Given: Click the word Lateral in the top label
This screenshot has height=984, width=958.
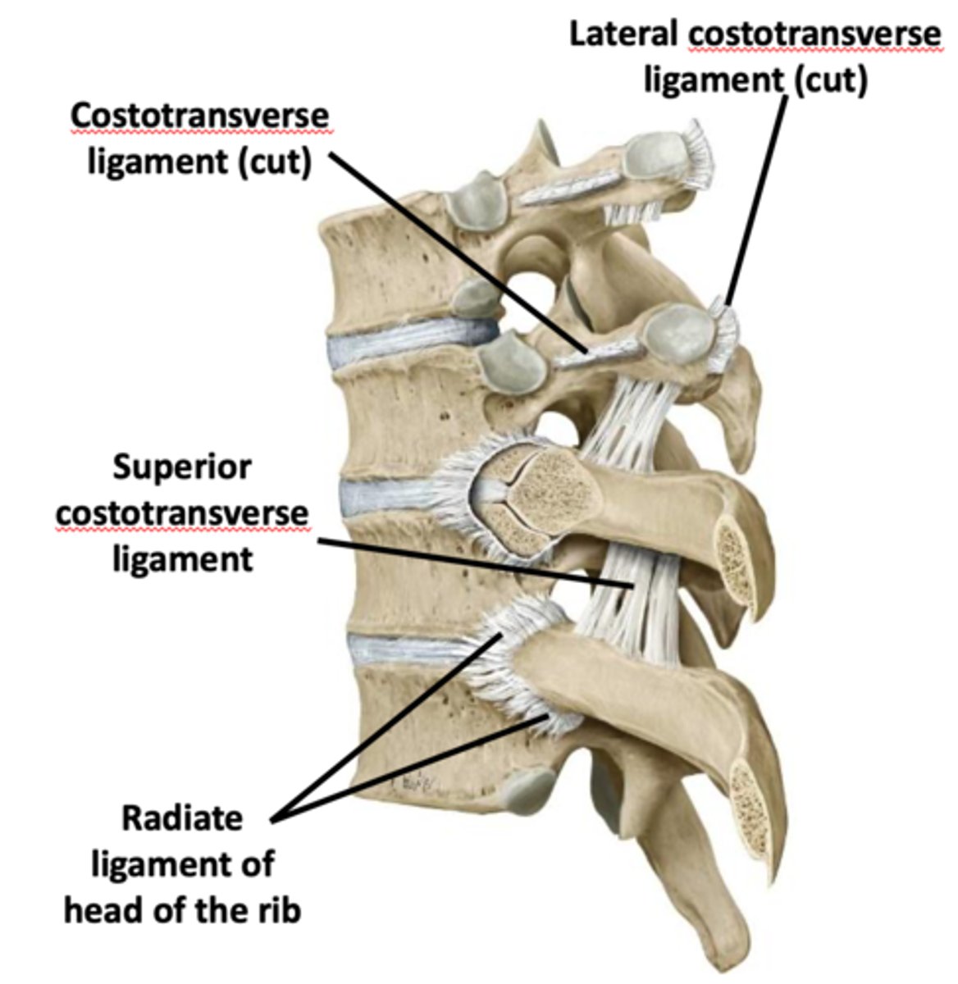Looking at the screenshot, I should tap(624, 34).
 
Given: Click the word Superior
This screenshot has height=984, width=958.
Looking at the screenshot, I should tap(182, 468).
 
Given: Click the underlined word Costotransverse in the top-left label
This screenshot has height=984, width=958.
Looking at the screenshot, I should tap(199, 117).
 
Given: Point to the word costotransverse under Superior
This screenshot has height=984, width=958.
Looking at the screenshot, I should tap(182, 514).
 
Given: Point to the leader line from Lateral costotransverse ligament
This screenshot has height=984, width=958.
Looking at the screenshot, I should tap(759, 197).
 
